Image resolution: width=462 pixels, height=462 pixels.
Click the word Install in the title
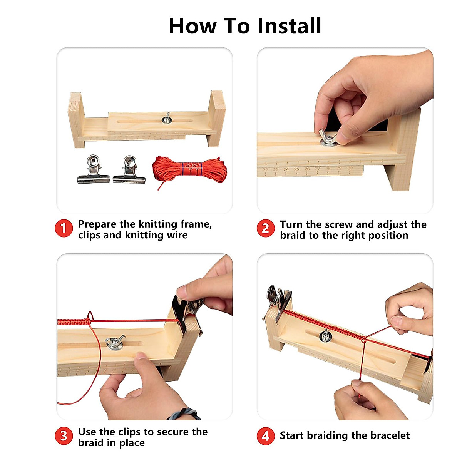tap(289, 26)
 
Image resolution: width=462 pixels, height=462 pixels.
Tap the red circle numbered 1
tap(64, 229)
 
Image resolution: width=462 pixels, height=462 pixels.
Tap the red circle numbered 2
tap(265, 229)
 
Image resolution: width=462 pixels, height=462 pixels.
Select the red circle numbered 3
tap(64, 436)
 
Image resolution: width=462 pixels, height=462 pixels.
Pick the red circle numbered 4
tap(265, 436)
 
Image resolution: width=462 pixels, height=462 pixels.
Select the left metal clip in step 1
tap(93, 170)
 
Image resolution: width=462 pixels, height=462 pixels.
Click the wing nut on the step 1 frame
tap(167, 119)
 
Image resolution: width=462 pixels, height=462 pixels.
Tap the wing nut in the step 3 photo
tap(115, 342)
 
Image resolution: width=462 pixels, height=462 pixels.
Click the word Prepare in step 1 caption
tap(97, 224)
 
